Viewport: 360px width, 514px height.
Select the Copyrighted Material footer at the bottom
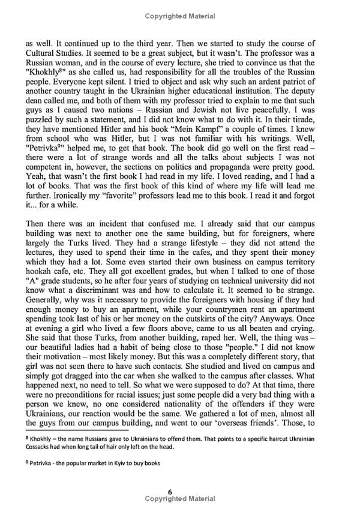(x=180, y=499)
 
